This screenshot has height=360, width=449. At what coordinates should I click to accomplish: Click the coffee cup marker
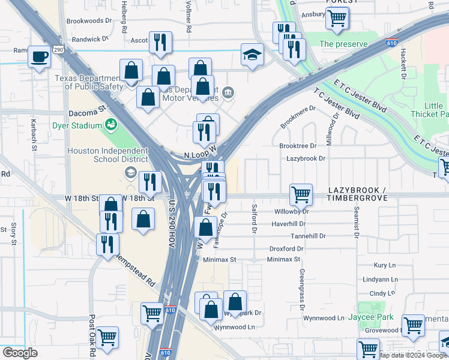40,57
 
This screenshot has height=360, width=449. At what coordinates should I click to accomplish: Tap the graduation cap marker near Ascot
252,55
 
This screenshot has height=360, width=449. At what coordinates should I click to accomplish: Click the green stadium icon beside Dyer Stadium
111,125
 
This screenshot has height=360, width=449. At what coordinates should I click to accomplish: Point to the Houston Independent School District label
107,155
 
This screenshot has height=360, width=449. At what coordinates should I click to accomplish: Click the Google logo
20,353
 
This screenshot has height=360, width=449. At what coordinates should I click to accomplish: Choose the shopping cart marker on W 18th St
301,194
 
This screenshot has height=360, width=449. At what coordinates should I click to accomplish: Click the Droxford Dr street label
286,248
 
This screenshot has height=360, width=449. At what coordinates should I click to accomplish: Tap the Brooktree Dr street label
298,146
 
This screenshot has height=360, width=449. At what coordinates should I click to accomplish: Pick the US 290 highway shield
58,50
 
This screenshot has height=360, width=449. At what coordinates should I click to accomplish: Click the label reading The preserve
342,44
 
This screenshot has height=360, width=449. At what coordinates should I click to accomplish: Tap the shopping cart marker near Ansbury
337,19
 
